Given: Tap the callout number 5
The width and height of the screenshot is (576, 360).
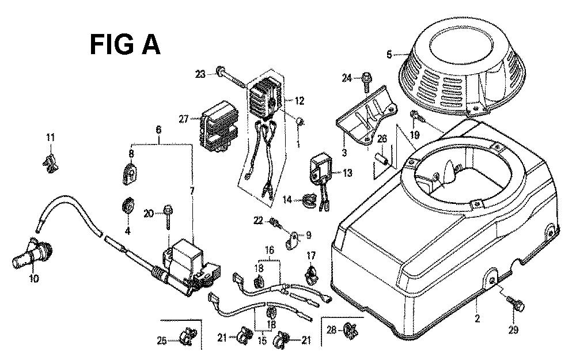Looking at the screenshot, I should (x=389, y=55).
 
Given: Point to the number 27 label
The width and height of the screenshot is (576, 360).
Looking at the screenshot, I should (x=183, y=119).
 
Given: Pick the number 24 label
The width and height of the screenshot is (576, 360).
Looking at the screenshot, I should (x=346, y=78).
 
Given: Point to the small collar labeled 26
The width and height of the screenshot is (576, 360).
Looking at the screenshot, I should (x=381, y=158).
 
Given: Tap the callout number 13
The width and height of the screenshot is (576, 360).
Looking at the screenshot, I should (x=347, y=172).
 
